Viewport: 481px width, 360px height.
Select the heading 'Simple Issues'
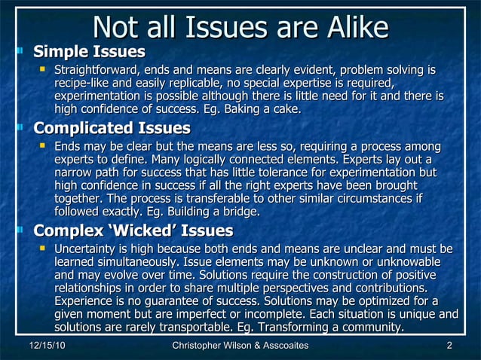tap(90, 53)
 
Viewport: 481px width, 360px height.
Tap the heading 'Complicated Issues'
tap(112, 129)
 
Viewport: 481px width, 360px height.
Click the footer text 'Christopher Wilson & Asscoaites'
tap(240, 345)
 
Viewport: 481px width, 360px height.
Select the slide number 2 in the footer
tap(449, 345)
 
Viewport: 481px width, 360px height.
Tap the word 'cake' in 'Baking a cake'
tap(286, 110)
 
